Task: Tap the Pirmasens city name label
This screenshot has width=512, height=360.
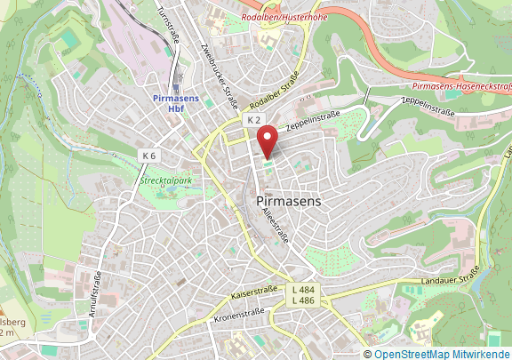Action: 288,202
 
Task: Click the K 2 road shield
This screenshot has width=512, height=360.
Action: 254,119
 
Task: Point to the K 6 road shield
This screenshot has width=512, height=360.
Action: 148,155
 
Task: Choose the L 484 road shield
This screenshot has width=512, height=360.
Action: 303,291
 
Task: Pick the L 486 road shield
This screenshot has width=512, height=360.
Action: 303,302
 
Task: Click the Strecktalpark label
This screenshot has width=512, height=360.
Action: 166,180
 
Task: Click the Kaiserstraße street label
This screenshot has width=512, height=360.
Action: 254,290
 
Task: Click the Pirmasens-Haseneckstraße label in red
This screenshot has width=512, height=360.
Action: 462,86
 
